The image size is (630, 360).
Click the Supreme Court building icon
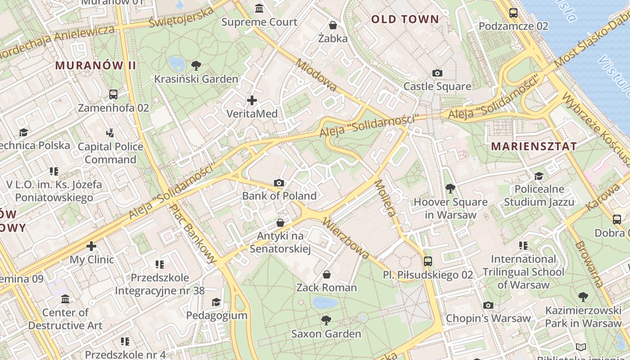pos(259,8)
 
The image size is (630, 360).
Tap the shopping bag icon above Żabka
pos(333,25)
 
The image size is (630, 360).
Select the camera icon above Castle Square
pos(437,73)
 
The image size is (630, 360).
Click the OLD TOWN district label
pos(405,19)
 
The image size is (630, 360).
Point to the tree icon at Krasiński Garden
pos(196,66)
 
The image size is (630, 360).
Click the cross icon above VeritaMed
pos(252,100)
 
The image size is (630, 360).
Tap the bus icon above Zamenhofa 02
pos(113,94)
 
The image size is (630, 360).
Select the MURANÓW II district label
pos(95,65)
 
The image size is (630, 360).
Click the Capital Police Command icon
pos(110,133)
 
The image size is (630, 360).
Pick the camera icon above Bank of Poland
pos(279,183)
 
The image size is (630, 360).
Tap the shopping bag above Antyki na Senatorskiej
pos(280,223)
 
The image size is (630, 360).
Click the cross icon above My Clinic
pos(91,246)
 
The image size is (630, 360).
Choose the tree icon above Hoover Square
pos(450,189)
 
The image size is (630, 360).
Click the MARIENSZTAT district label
pos(534,146)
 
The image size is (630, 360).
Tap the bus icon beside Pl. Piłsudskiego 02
pos(427,261)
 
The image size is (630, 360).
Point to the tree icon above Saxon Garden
pos(326,320)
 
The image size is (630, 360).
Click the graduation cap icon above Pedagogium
pos(216,302)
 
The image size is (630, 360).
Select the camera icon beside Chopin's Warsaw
pos(488,306)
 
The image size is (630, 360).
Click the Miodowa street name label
pos(316,75)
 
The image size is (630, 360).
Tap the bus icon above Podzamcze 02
pos(513,13)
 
